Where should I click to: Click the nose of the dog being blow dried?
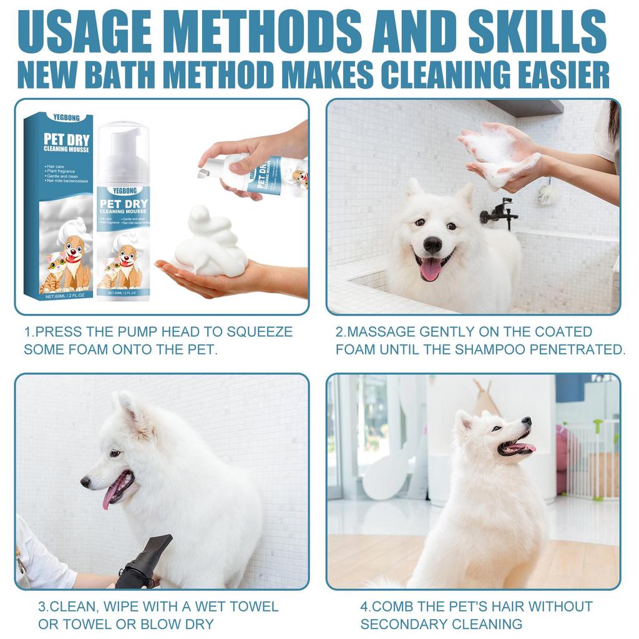coord(85,482)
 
